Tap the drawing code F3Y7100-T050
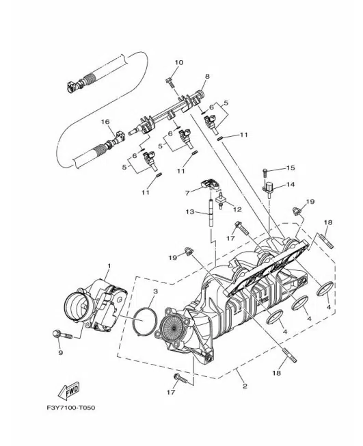71,408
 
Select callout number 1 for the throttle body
109,266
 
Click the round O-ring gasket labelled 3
145,321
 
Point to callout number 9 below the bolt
60,353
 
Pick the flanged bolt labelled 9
62,334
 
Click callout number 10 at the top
179,62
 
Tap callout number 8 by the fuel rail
207,76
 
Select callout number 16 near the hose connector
105,122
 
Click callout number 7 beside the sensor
187,193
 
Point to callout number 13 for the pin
190,211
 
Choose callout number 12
237,209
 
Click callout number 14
291,184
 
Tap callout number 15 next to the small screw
291,168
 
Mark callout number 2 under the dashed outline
245,386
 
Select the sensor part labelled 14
268,188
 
